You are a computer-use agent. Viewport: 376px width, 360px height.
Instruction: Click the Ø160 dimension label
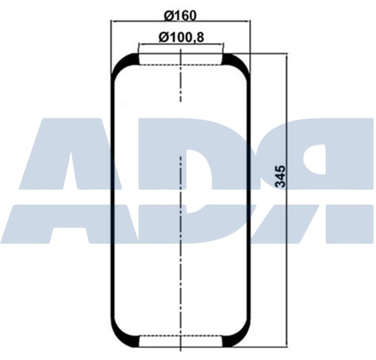click(x=181, y=13)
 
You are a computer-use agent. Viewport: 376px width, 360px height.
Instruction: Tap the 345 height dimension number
click(x=281, y=176)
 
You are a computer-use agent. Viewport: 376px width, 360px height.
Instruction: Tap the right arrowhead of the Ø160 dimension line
click(x=248, y=22)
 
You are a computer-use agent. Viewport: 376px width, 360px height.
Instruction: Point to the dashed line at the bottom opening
click(x=181, y=336)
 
